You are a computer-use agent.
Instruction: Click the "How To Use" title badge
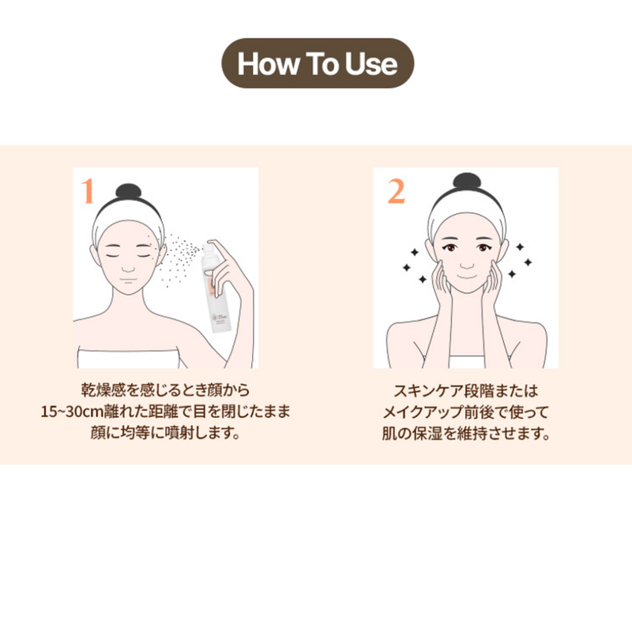click(318, 63)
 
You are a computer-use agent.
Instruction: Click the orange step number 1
click(88, 191)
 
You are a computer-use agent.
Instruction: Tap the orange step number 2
click(396, 191)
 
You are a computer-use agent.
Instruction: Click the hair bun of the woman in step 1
click(129, 190)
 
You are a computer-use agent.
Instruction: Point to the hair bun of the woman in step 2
click(467, 181)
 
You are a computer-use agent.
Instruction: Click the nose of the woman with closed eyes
click(128, 267)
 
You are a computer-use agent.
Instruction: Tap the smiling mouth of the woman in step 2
click(467, 277)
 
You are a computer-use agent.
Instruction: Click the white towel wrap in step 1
click(129, 357)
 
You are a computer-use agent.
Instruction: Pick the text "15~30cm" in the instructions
click(72, 412)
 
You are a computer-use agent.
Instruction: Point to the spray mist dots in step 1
click(179, 258)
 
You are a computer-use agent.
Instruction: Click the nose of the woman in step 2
click(467, 264)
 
